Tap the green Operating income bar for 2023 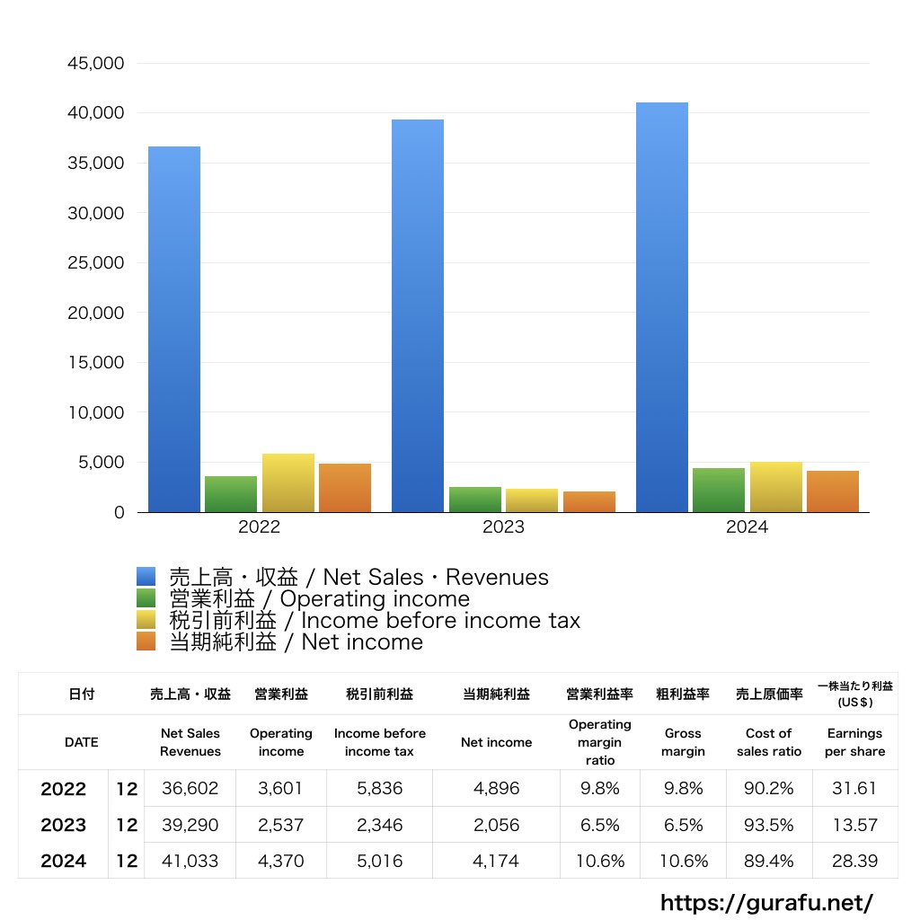coord(475,500)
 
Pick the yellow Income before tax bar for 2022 coord(288,483)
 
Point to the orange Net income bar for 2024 coord(833,491)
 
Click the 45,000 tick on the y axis coord(95,64)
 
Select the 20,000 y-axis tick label coord(95,314)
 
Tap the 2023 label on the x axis coord(503,527)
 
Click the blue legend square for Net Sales coord(146,577)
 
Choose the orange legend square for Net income coord(146,641)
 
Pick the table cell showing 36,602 coord(190,789)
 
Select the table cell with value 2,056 coord(496,825)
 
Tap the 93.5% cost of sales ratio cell coord(769,825)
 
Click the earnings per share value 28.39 coord(854,861)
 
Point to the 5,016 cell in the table coord(379,861)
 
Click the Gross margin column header coord(683,742)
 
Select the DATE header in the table coord(82,742)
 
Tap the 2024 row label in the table coord(64,861)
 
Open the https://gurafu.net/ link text coord(766,902)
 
